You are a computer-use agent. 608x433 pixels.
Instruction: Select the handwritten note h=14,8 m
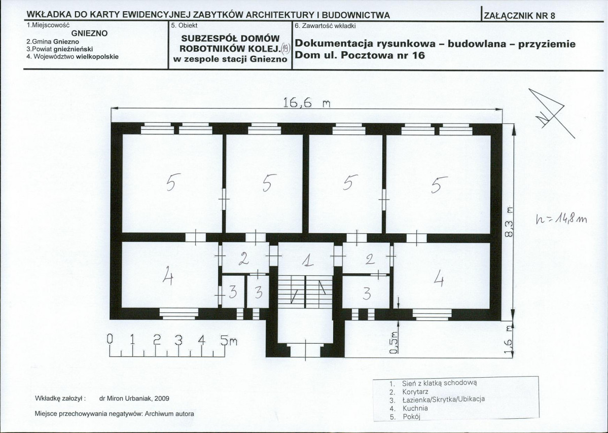click(x=561, y=219)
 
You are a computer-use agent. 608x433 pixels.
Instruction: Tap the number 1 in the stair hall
click(x=306, y=261)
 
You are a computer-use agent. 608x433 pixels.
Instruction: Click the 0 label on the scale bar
click(x=109, y=340)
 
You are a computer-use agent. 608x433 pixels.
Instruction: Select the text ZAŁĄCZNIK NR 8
click(x=519, y=15)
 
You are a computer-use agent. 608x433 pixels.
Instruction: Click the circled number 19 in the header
click(x=284, y=48)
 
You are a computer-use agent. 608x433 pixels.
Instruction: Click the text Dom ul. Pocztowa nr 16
click(x=360, y=55)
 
